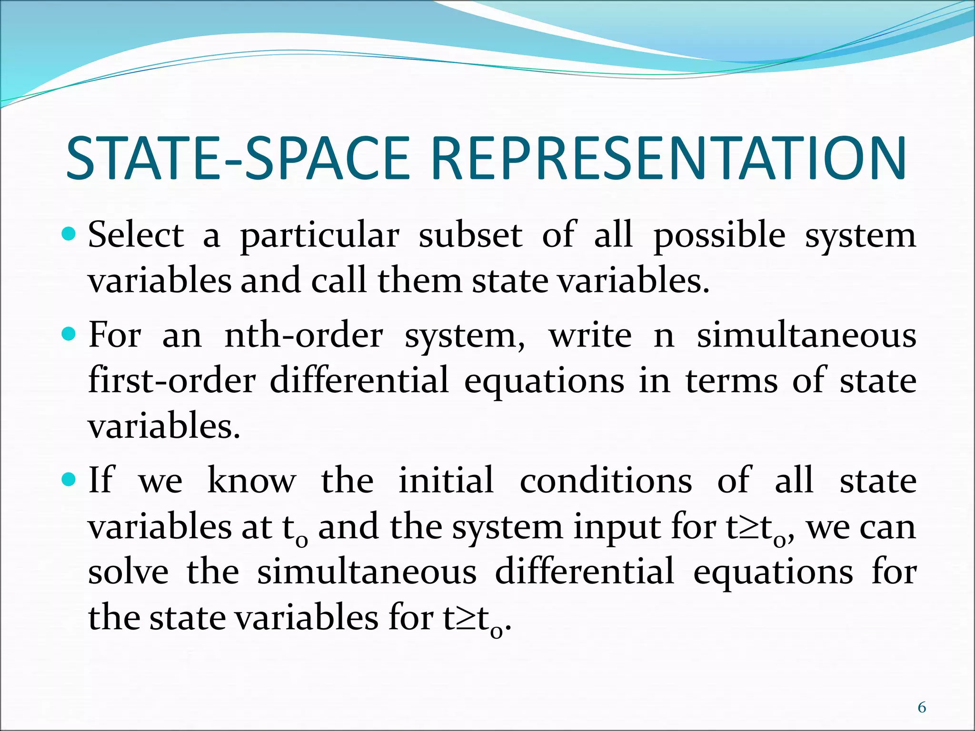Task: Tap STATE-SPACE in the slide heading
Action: (x=238, y=158)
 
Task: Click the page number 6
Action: (x=922, y=708)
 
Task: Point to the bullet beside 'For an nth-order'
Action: (x=70, y=334)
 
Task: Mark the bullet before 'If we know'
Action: (x=70, y=479)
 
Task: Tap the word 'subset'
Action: (x=470, y=235)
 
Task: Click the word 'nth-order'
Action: (x=303, y=335)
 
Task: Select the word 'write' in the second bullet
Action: (x=590, y=335)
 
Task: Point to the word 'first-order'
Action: (x=172, y=380)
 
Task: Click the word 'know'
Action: (x=251, y=480)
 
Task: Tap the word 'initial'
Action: (x=446, y=480)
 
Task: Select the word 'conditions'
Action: (x=606, y=480)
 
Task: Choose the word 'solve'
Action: (x=128, y=572)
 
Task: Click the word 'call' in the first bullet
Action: (x=339, y=281)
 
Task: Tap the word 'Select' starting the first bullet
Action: (x=136, y=235)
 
